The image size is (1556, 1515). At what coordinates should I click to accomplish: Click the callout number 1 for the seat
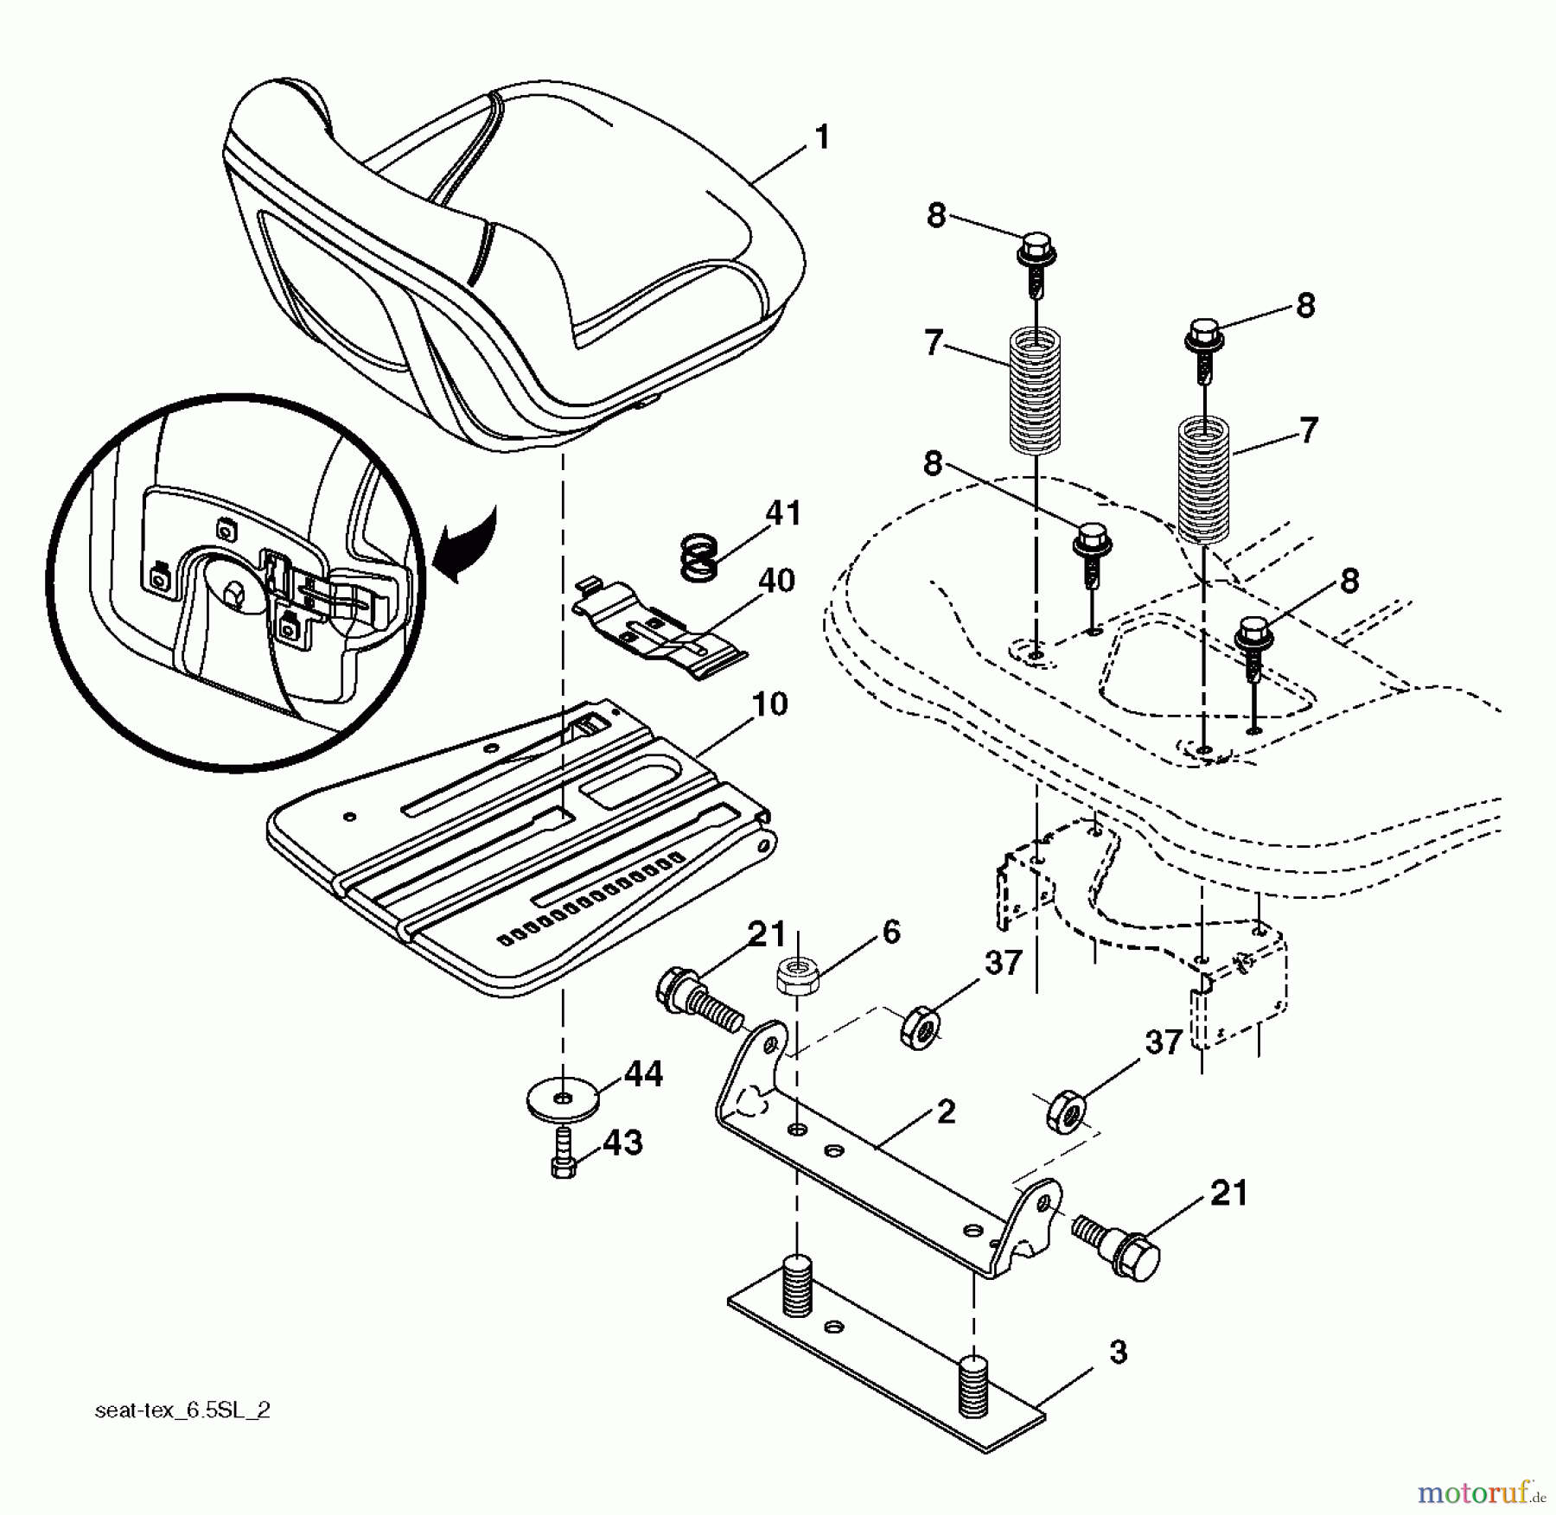[x=821, y=137]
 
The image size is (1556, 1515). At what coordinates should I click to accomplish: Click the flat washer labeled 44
[x=563, y=1100]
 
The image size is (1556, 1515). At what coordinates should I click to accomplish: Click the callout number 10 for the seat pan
[x=769, y=704]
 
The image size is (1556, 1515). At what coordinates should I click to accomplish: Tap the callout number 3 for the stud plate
[x=1118, y=1353]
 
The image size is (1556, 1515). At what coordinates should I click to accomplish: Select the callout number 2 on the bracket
[x=946, y=1112]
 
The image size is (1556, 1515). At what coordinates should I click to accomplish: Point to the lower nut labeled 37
[x=1065, y=1112]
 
